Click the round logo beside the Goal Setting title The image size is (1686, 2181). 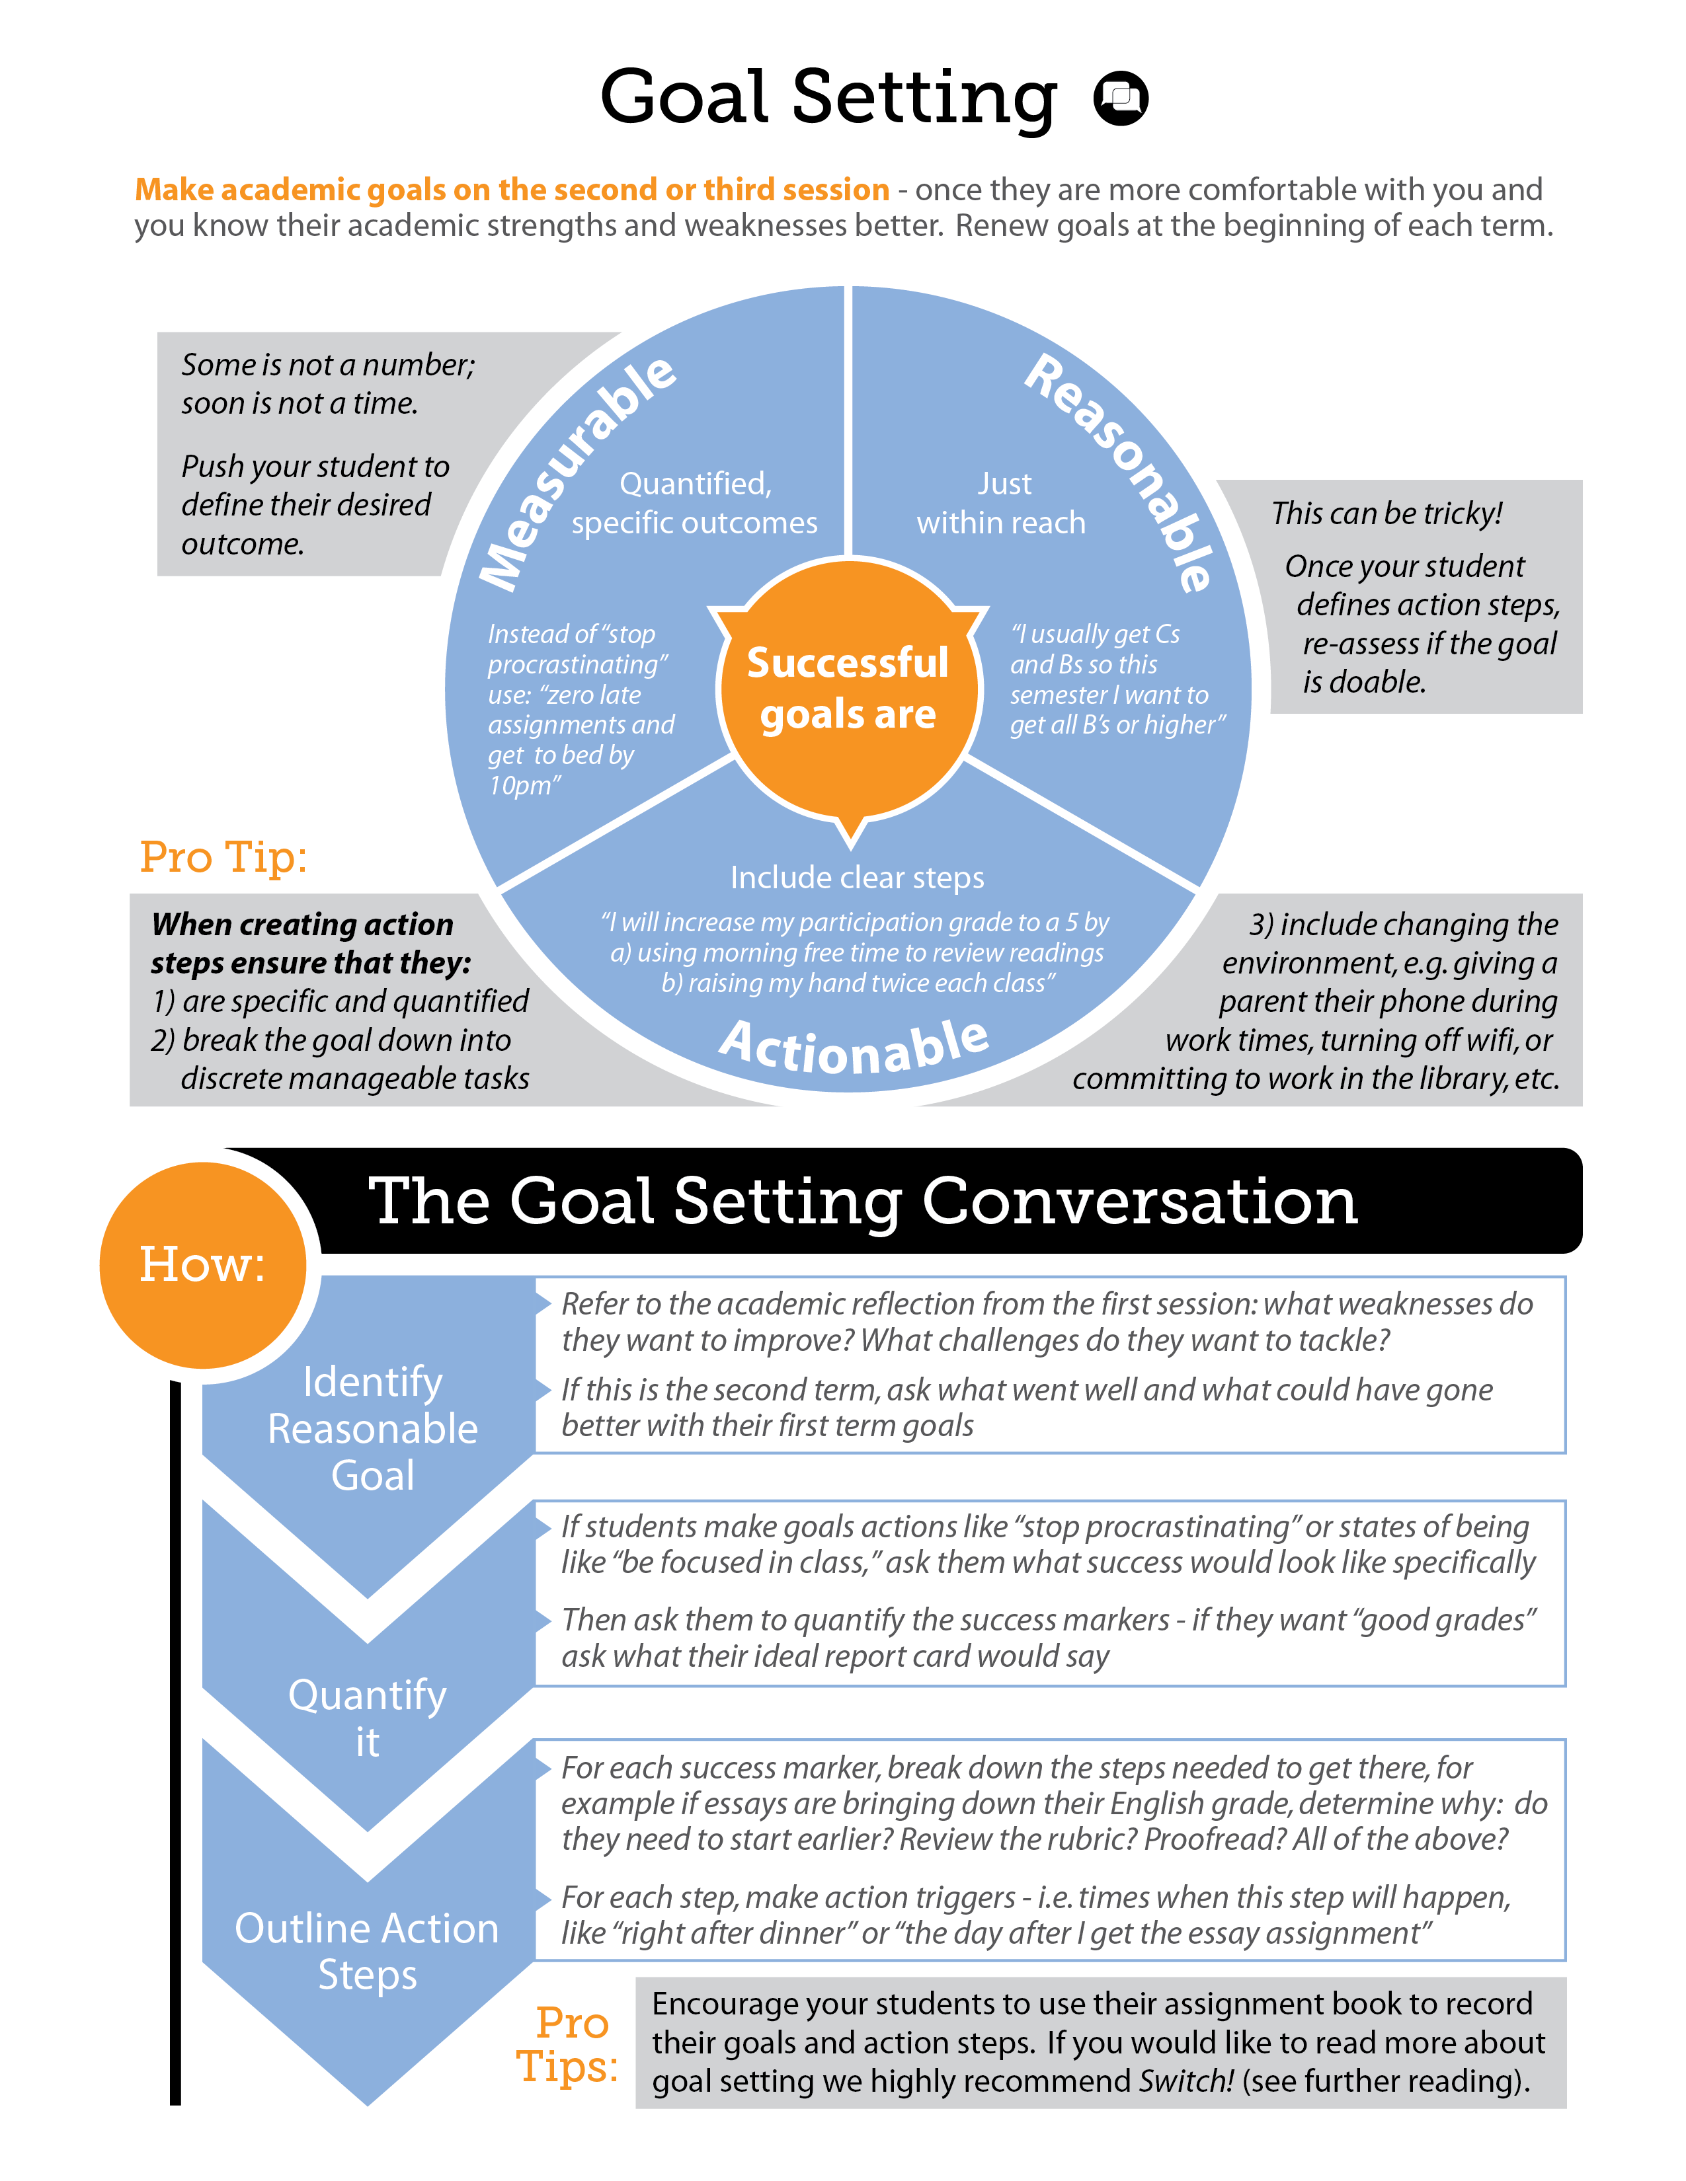tap(1121, 98)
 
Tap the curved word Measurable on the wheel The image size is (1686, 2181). tap(577, 471)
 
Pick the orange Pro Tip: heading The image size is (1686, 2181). tap(223, 857)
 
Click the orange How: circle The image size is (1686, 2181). tap(203, 1264)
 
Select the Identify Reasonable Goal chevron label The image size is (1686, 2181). tap(372, 1428)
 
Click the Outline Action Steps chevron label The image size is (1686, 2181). tap(366, 1950)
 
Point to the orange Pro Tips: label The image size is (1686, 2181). tap(569, 2044)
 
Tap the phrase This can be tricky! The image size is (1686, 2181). tap(1386, 514)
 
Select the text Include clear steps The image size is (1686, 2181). tap(857, 877)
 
